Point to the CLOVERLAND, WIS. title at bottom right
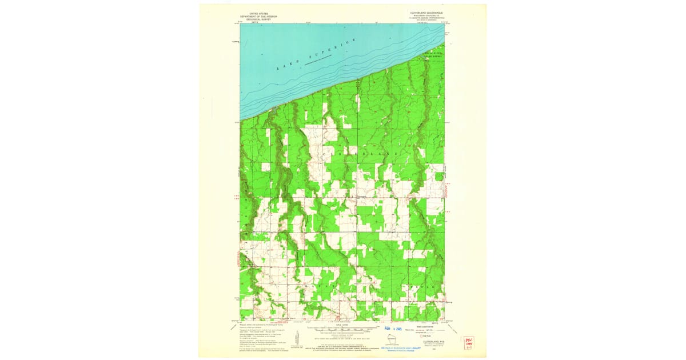tap(425, 342)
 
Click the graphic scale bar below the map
tap(342, 330)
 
